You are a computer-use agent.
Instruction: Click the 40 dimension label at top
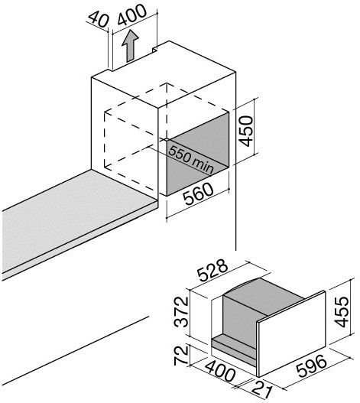pos(99,19)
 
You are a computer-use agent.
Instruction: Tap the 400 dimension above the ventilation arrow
pos(132,15)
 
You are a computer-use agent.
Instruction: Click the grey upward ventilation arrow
pos(130,46)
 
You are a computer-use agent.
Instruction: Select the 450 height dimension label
pos(245,131)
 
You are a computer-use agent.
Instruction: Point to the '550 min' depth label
pos(191,160)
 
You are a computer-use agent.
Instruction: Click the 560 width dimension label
pos(198,193)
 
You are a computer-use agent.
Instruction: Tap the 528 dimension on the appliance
pos(212,270)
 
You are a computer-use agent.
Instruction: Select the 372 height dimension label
pos(181,311)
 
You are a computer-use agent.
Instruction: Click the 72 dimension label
pos(182,355)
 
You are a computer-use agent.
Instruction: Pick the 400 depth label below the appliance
pos(220,371)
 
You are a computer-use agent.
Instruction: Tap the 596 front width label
pos(311,366)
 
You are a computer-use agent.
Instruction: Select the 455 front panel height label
pos(342,312)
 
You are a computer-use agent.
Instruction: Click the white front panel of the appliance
pos(292,333)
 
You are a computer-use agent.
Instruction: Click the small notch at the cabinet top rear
pos(155,49)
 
